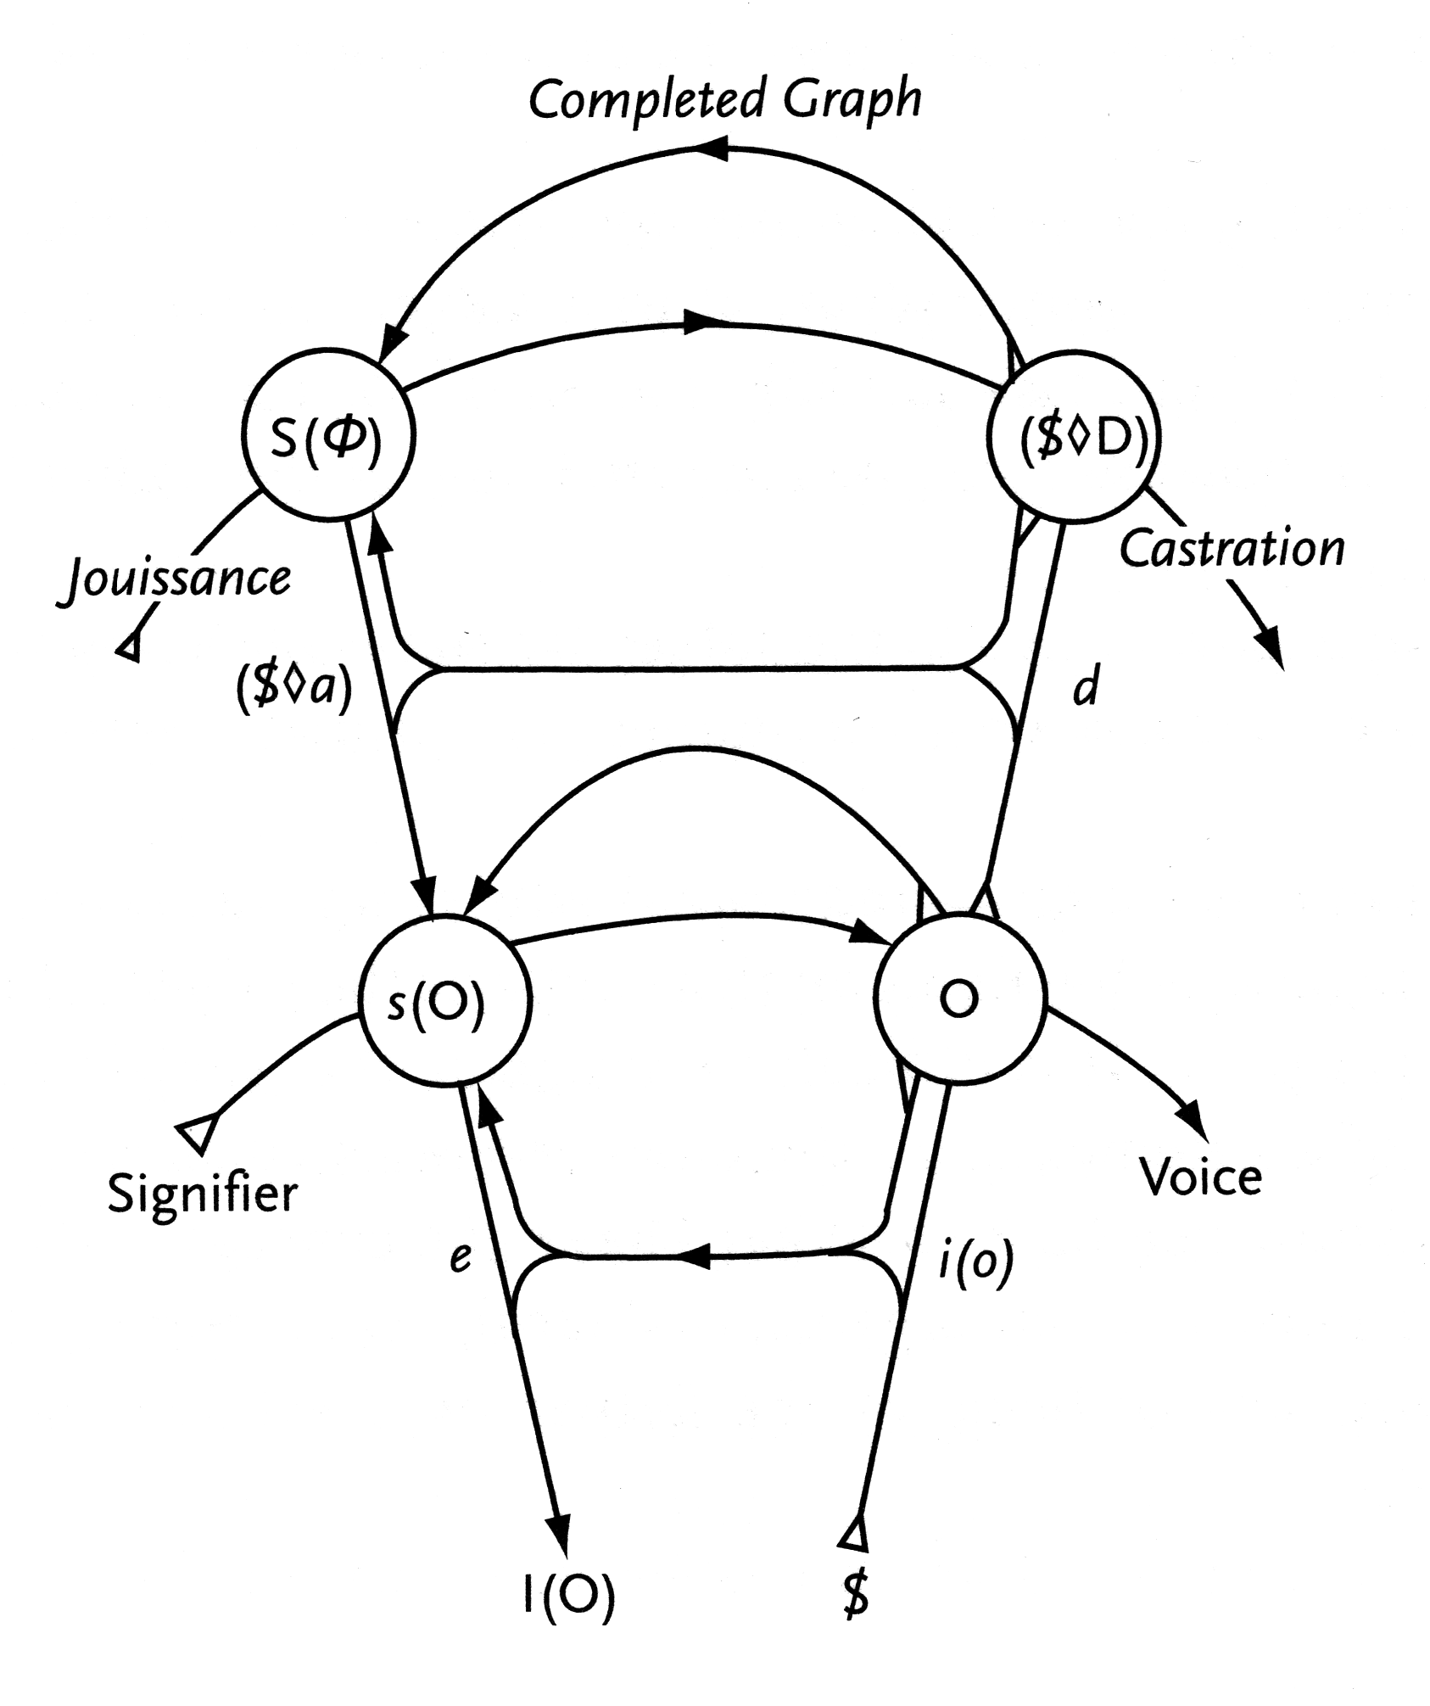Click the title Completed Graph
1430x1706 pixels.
click(725, 100)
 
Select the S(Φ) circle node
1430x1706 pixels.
click(328, 433)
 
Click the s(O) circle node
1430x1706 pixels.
click(446, 1000)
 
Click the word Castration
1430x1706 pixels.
click(1232, 549)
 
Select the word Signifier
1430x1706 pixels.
click(202, 1194)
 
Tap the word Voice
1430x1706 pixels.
click(1200, 1177)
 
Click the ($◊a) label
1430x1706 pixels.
click(293, 687)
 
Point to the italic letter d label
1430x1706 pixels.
click(1086, 685)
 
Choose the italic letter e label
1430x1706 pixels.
click(460, 1256)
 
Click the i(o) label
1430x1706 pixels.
click(976, 1263)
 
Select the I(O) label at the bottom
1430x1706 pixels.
click(568, 1596)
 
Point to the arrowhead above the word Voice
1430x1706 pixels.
click(1192, 1114)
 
